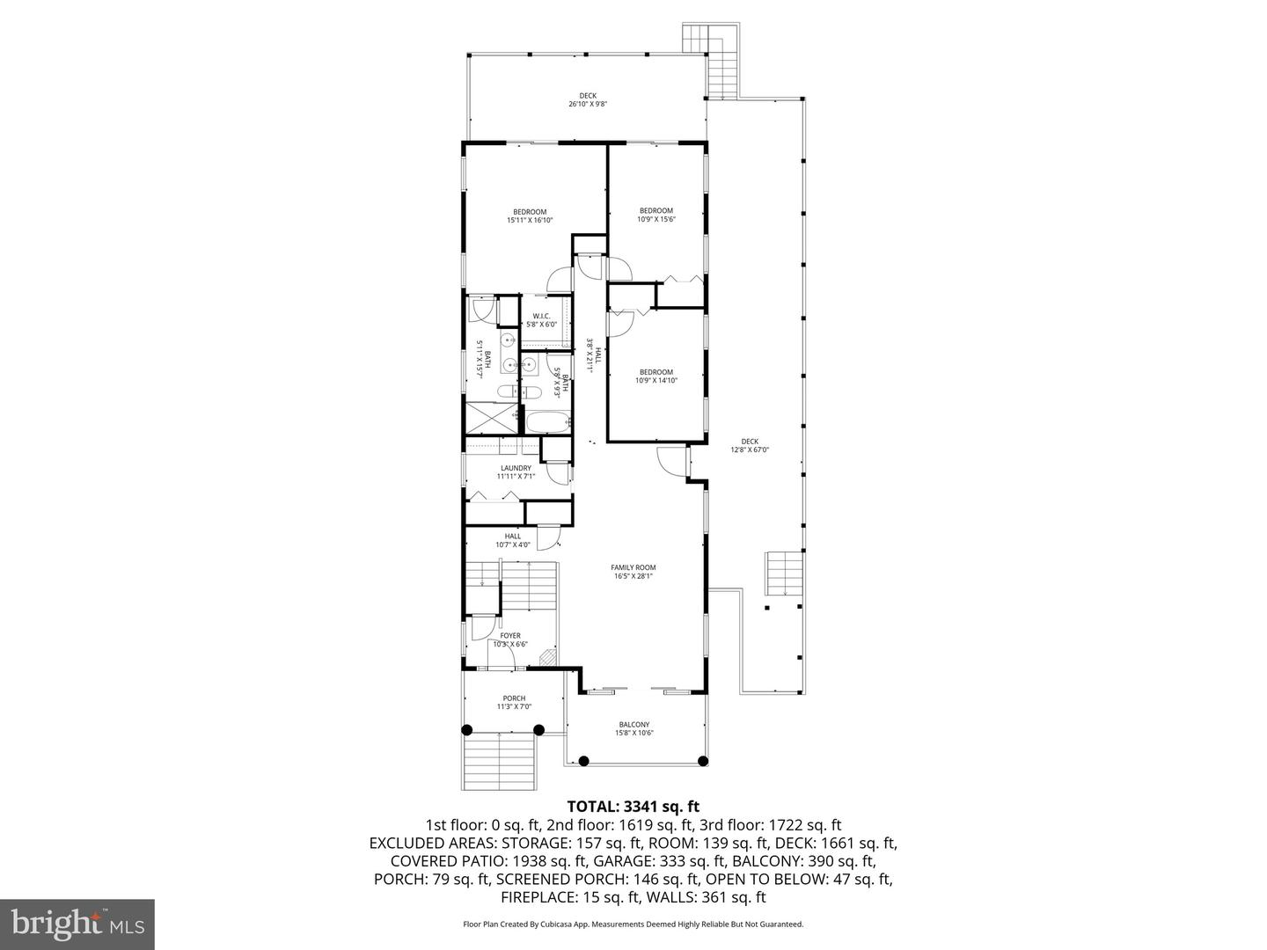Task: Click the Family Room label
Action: pos(633,572)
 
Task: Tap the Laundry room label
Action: pos(516,472)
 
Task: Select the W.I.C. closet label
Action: pos(541,320)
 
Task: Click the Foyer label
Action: pos(510,639)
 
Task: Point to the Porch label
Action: pos(514,702)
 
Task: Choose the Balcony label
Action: pos(633,728)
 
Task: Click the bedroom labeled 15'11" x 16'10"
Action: pos(530,216)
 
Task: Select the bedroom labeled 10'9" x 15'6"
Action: pos(655,215)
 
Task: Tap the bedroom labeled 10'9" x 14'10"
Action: pos(655,376)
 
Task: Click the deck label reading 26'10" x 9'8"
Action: pos(587,99)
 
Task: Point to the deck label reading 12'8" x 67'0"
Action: pos(750,445)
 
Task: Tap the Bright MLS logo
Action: pos(77,924)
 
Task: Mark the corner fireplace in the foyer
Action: pos(547,657)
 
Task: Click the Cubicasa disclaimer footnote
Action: pos(633,924)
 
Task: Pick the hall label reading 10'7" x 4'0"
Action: pos(512,540)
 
